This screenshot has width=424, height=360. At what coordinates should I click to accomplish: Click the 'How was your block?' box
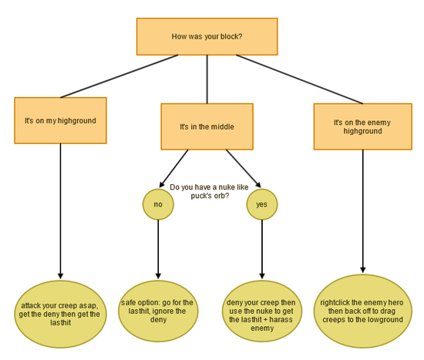click(207, 36)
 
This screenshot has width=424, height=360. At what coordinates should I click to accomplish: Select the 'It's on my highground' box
click(60, 120)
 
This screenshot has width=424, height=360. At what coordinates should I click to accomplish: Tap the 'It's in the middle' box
click(207, 126)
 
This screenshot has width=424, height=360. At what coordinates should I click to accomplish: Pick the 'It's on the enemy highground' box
click(362, 126)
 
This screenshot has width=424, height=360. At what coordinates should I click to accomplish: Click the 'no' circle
click(158, 204)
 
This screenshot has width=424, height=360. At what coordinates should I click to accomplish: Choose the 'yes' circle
click(262, 204)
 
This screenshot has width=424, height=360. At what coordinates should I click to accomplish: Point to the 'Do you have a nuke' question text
click(209, 191)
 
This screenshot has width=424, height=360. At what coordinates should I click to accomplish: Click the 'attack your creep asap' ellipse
click(60, 314)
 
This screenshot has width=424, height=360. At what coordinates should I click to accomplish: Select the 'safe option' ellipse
click(158, 311)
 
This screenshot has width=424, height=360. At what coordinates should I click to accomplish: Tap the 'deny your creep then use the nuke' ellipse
click(262, 311)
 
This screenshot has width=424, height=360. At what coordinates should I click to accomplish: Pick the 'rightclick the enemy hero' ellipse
click(362, 311)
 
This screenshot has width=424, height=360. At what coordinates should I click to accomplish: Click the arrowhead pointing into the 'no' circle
click(162, 184)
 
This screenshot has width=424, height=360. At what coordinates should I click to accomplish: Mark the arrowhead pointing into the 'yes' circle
click(258, 184)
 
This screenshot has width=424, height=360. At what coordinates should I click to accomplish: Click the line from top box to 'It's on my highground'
click(119, 76)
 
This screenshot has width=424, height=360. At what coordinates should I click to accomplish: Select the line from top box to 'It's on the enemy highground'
click(299, 79)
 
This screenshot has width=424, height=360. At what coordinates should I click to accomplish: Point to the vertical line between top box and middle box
click(207, 79)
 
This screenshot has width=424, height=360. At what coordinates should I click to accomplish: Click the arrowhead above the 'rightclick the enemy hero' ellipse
click(363, 270)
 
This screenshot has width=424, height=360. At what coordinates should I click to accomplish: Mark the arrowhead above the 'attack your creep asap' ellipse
click(61, 276)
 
